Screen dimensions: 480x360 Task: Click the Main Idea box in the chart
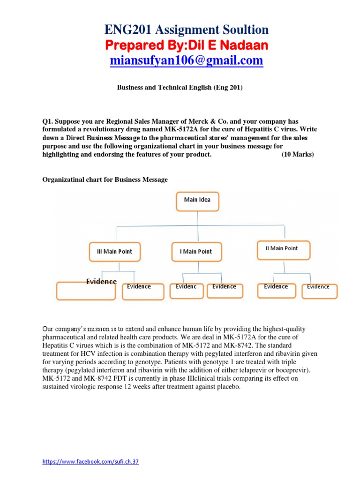pos(197,201)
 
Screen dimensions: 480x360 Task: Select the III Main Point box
pos(111,252)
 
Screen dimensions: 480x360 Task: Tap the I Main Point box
pos(196,252)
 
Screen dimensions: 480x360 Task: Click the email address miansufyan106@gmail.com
pos(187,61)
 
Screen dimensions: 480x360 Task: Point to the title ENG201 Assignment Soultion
pos(187,30)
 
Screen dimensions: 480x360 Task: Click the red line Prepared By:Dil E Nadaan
pos(187,45)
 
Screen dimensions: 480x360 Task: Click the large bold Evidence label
pos(101,281)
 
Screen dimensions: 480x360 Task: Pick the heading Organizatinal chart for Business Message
pos(105,180)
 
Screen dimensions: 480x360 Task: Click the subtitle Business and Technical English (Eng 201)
pos(180,88)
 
